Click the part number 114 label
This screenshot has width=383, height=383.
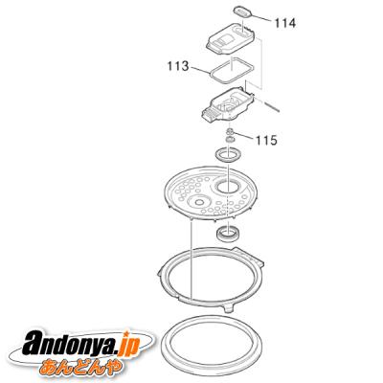click(285, 23)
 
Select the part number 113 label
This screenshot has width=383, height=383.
click(178, 66)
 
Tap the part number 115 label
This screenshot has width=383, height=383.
click(266, 140)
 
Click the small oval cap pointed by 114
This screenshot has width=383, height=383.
click(243, 12)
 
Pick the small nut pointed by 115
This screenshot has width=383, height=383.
click(229, 131)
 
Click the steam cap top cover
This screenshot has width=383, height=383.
click(231, 39)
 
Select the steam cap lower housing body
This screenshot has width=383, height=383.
click(227, 104)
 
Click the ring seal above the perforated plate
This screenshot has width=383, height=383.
click(228, 155)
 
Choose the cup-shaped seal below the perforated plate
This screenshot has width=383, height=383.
click(228, 234)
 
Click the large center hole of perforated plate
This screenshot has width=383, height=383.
click(227, 187)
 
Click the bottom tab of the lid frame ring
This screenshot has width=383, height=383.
click(229, 308)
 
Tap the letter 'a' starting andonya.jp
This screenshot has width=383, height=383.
click(34, 345)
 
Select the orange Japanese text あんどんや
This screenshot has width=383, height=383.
click(81, 367)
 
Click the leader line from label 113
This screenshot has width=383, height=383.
click(200, 70)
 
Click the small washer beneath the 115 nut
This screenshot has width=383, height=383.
click(229, 139)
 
